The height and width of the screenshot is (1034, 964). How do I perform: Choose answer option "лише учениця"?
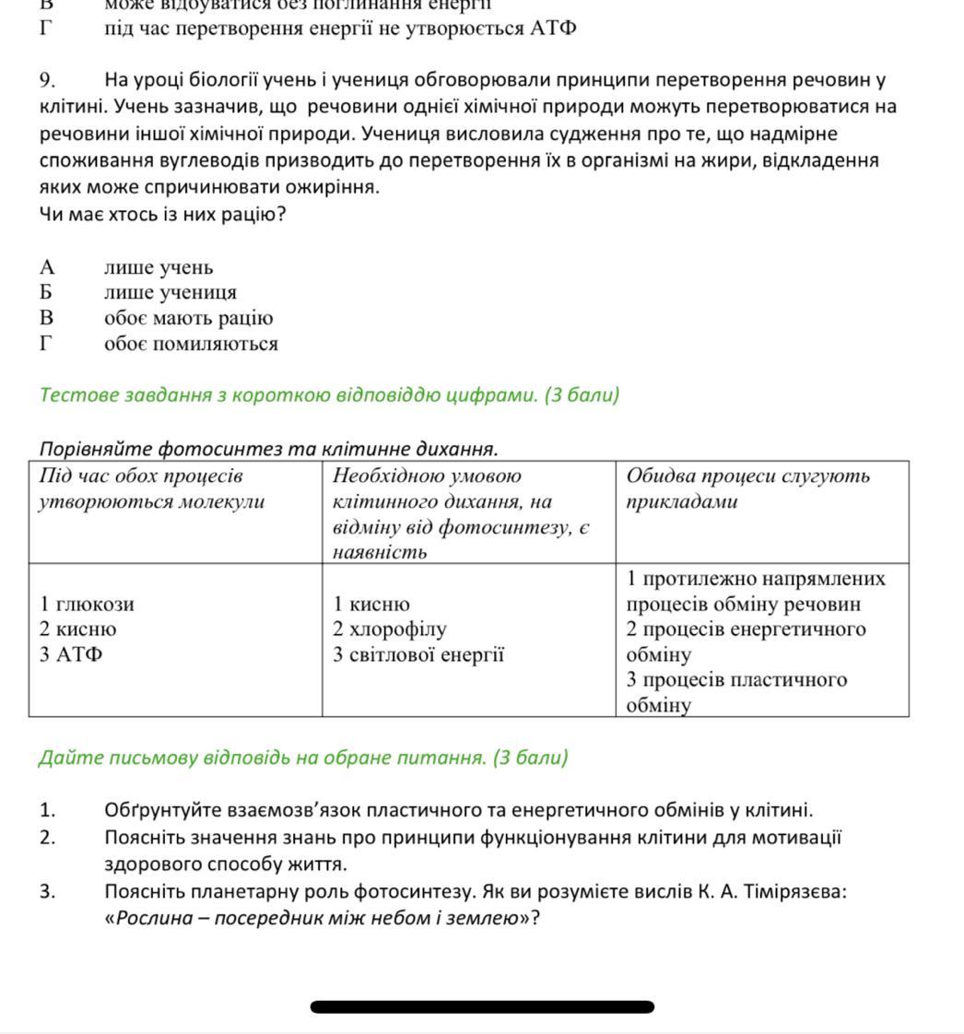pos(170,293)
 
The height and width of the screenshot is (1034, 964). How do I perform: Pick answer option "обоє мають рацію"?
pos(188,319)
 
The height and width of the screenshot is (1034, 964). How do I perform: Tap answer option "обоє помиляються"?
pos(191,345)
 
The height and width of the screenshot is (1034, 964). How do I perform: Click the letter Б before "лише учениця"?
pos(47,293)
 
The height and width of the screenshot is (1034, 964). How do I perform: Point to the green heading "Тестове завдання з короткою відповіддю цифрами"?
pos(329,395)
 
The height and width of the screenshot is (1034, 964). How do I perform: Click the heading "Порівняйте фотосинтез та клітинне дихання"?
pos(268,449)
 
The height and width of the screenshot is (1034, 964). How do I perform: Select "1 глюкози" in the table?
pos(88,605)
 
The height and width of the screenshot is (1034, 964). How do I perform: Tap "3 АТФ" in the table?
pos(71,655)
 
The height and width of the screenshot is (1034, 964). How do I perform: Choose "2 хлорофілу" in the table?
pos(390,629)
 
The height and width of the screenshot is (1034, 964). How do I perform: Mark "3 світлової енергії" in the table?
pos(419,655)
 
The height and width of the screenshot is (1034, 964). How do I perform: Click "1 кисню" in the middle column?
pos(371,605)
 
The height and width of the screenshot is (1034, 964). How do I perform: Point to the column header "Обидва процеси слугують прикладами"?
pos(747,489)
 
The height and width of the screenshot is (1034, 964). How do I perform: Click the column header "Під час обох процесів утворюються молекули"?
pos(151,489)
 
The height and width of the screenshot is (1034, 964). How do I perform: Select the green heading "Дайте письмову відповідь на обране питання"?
pos(303,758)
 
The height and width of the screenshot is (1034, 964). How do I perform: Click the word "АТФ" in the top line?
pos(553,28)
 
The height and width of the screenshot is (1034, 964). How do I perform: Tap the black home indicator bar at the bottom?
pos(482,1007)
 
